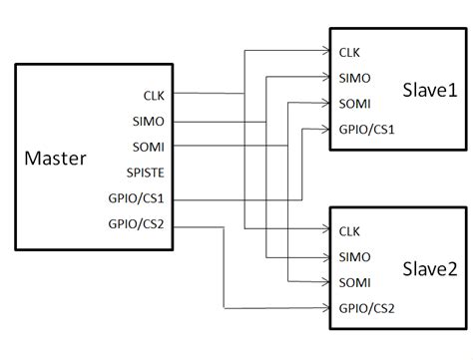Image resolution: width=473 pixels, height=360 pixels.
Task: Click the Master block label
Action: click(x=55, y=158)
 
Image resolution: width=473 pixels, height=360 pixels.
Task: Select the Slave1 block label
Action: click(x=429, y=90)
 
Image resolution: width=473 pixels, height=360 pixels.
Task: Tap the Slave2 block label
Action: click(x=429, y=268)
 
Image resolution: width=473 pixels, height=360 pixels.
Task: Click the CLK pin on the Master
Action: click(x=155, y=96)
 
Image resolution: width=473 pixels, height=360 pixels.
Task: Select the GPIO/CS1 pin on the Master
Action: click(x=142, y=198)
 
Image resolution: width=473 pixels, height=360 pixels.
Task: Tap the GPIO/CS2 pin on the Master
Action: click(x=142, y=223)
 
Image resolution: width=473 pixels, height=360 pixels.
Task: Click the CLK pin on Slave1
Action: click(x=349, y=52)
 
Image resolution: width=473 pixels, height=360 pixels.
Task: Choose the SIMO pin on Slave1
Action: click(x=352, y=78)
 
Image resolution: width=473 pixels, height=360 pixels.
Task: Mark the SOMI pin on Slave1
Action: click(x=352, y=103)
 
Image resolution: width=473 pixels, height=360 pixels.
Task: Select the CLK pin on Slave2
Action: click(x=349, y=230)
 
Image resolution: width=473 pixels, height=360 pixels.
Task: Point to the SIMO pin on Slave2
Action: click(x=352, y=256)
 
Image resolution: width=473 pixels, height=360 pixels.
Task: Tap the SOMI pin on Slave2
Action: click(x=352, y=282)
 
